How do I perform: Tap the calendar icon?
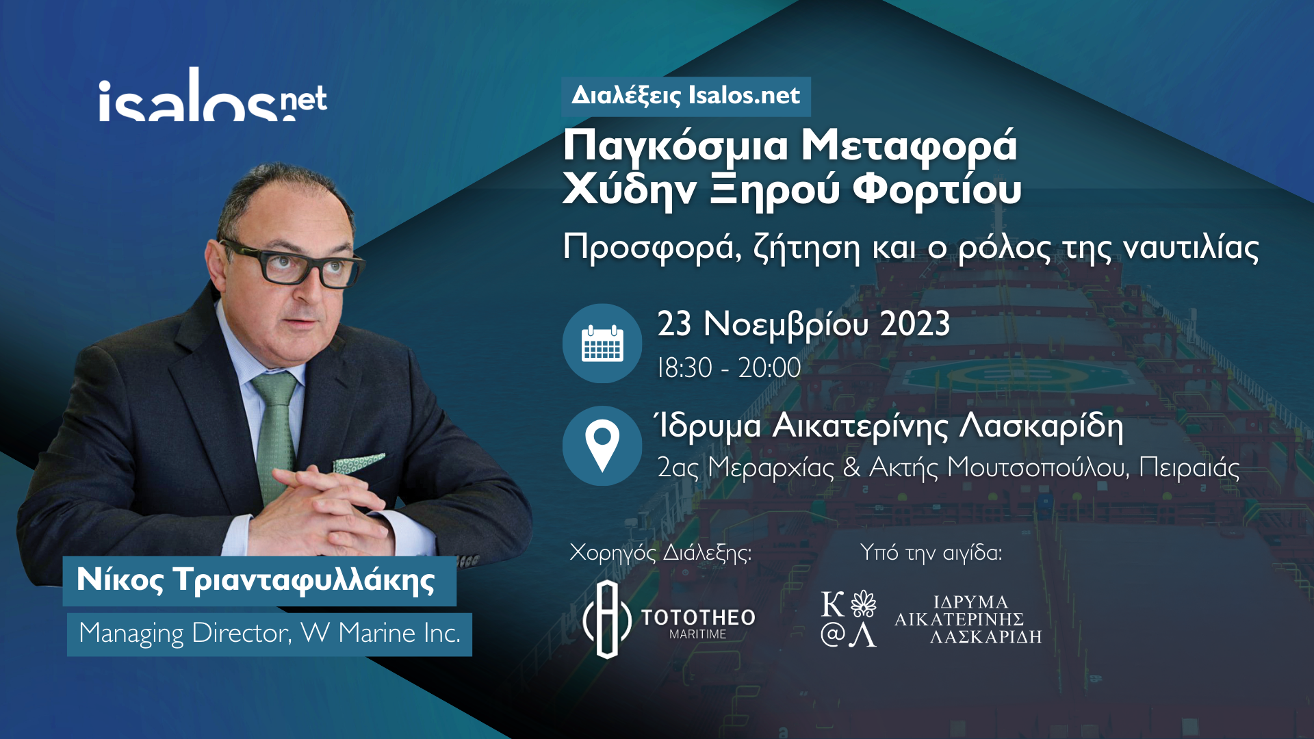click(602, 343)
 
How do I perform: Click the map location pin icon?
click(602, 445)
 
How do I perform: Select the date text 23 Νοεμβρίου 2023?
click(803, 325)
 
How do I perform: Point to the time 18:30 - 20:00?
click(729, 368)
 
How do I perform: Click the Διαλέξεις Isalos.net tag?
click(686, 96)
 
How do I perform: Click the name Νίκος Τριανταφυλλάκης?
click(256, 580)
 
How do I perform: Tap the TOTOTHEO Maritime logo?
click(669, 619)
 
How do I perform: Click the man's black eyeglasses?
click(291, 263)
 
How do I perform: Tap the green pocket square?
click(359, 463)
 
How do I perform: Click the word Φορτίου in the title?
click(937, 190)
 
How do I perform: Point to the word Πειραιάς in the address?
click(1189, 468)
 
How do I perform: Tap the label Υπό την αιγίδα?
click(931, 552)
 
